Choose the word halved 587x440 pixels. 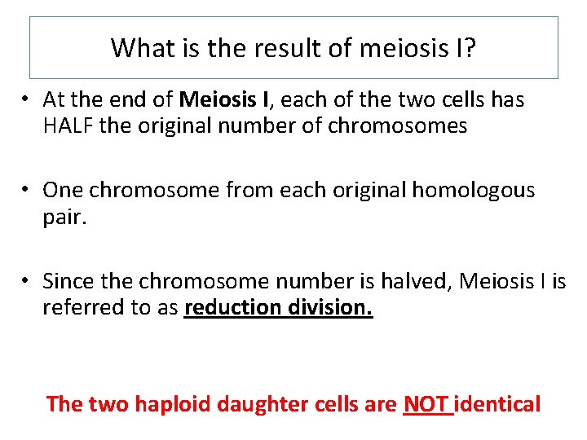coord(414,281)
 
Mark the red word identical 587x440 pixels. coord(497,403)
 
